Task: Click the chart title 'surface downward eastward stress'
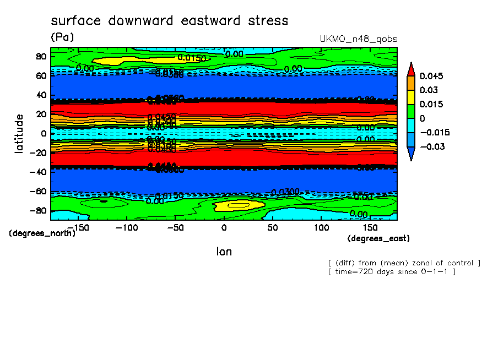click(x=169, y=21)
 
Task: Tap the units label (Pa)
click(x=62, y=37)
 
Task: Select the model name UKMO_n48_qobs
click(x=359, y=39)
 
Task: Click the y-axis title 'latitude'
click(x=19, y=133)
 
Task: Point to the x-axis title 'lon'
click(x=224, y=252)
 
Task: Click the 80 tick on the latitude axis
click(x=41, y=56)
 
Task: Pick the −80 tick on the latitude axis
click(x=39, y=210)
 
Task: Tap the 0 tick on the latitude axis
click(x=44, y=133)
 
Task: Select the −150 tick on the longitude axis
click(x=78, y=227)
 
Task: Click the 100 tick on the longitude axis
click(x=321, y=227)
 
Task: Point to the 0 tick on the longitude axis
click(x=224, y=227)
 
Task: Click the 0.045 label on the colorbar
click(x=431, y=76)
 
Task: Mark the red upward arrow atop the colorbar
click(x=411, y=68)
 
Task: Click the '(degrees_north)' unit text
click(x=42, y=233)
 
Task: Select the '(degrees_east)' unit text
click(x=378, y=238)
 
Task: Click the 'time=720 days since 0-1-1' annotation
click(x=391, y=272)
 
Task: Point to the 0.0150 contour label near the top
click(x=192, y=58)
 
